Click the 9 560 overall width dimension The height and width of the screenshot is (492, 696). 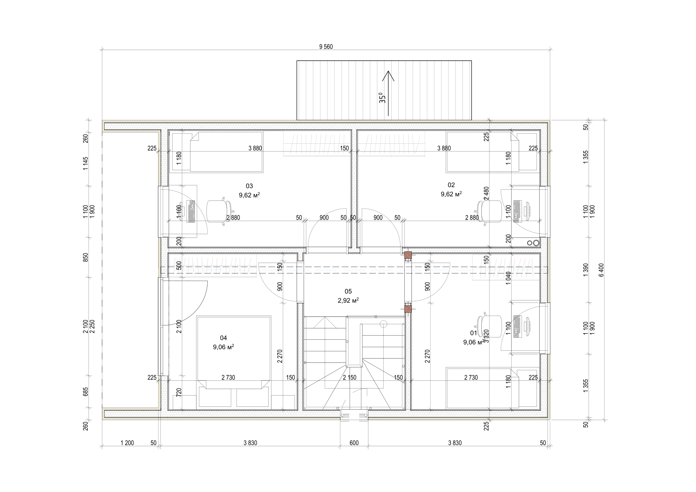pos(326,47)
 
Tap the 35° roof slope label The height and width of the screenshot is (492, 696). pos(383,98)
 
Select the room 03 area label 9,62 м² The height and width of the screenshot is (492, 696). pos(249,195)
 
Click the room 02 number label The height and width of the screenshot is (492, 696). pos(451,185)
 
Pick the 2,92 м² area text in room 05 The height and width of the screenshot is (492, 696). pos(348,300)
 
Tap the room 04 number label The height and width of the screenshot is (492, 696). pos(223,338)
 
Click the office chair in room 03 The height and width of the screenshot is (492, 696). pos(218,211)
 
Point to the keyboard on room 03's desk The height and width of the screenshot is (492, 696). pos(191,211)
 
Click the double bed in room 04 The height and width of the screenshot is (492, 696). pos(233,351)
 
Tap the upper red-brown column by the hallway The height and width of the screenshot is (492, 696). pos(408,256)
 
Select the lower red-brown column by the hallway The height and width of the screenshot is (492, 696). pos(408,309)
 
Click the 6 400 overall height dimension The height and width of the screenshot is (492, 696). pos(601,269)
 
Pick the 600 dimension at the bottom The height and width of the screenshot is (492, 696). pos(354,443)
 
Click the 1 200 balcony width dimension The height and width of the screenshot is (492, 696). pos(127,443)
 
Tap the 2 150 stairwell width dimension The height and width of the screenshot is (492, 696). pos(350,377)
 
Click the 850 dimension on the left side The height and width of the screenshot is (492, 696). pos(86,258)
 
